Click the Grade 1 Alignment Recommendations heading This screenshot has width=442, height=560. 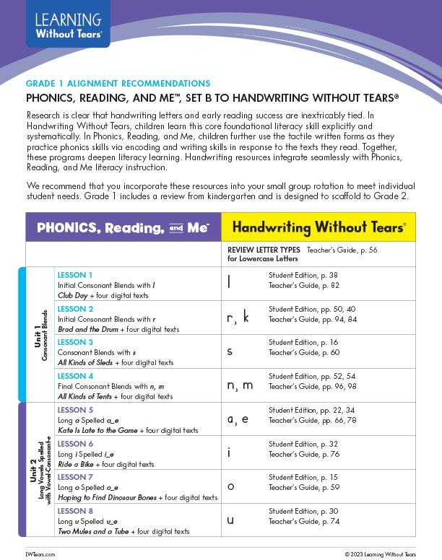(118, 84)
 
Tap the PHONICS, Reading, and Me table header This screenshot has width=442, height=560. (123, 227)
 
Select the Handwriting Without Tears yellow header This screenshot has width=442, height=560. (318, 227)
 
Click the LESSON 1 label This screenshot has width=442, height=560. (75, 275)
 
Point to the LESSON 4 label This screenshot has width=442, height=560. (75, 376)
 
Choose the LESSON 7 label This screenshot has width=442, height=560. (75, 477)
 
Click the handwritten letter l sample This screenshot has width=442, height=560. (229, 284)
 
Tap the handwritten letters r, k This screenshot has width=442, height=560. (238, 318)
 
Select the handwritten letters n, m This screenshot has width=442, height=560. (240, 385)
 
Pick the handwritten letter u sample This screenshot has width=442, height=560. (230, 520)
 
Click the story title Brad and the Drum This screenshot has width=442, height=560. (87, 329)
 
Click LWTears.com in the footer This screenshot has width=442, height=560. (40, 552)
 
